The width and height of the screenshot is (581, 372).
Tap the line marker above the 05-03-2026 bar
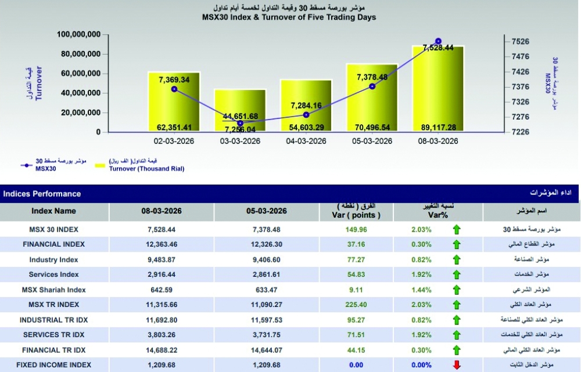coord(372,86)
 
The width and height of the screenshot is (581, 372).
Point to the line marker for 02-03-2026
coord(174,89)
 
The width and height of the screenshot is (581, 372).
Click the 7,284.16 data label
coord(306,105)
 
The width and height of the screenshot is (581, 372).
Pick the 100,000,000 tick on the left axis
coord(80,35)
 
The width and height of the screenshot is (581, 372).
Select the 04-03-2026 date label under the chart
coord(306,141)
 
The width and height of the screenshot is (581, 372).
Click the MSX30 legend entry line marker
coord(26,165)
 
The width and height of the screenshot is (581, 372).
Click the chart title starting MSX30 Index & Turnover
coord(289,17)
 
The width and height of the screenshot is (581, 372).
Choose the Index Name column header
coord(53,211)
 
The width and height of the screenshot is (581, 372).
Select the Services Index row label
coord(53,275)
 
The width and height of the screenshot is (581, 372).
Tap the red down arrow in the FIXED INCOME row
coord(457,365)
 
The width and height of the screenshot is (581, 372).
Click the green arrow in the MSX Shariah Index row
coord(457,290)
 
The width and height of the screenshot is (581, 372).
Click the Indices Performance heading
coord(42,194)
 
